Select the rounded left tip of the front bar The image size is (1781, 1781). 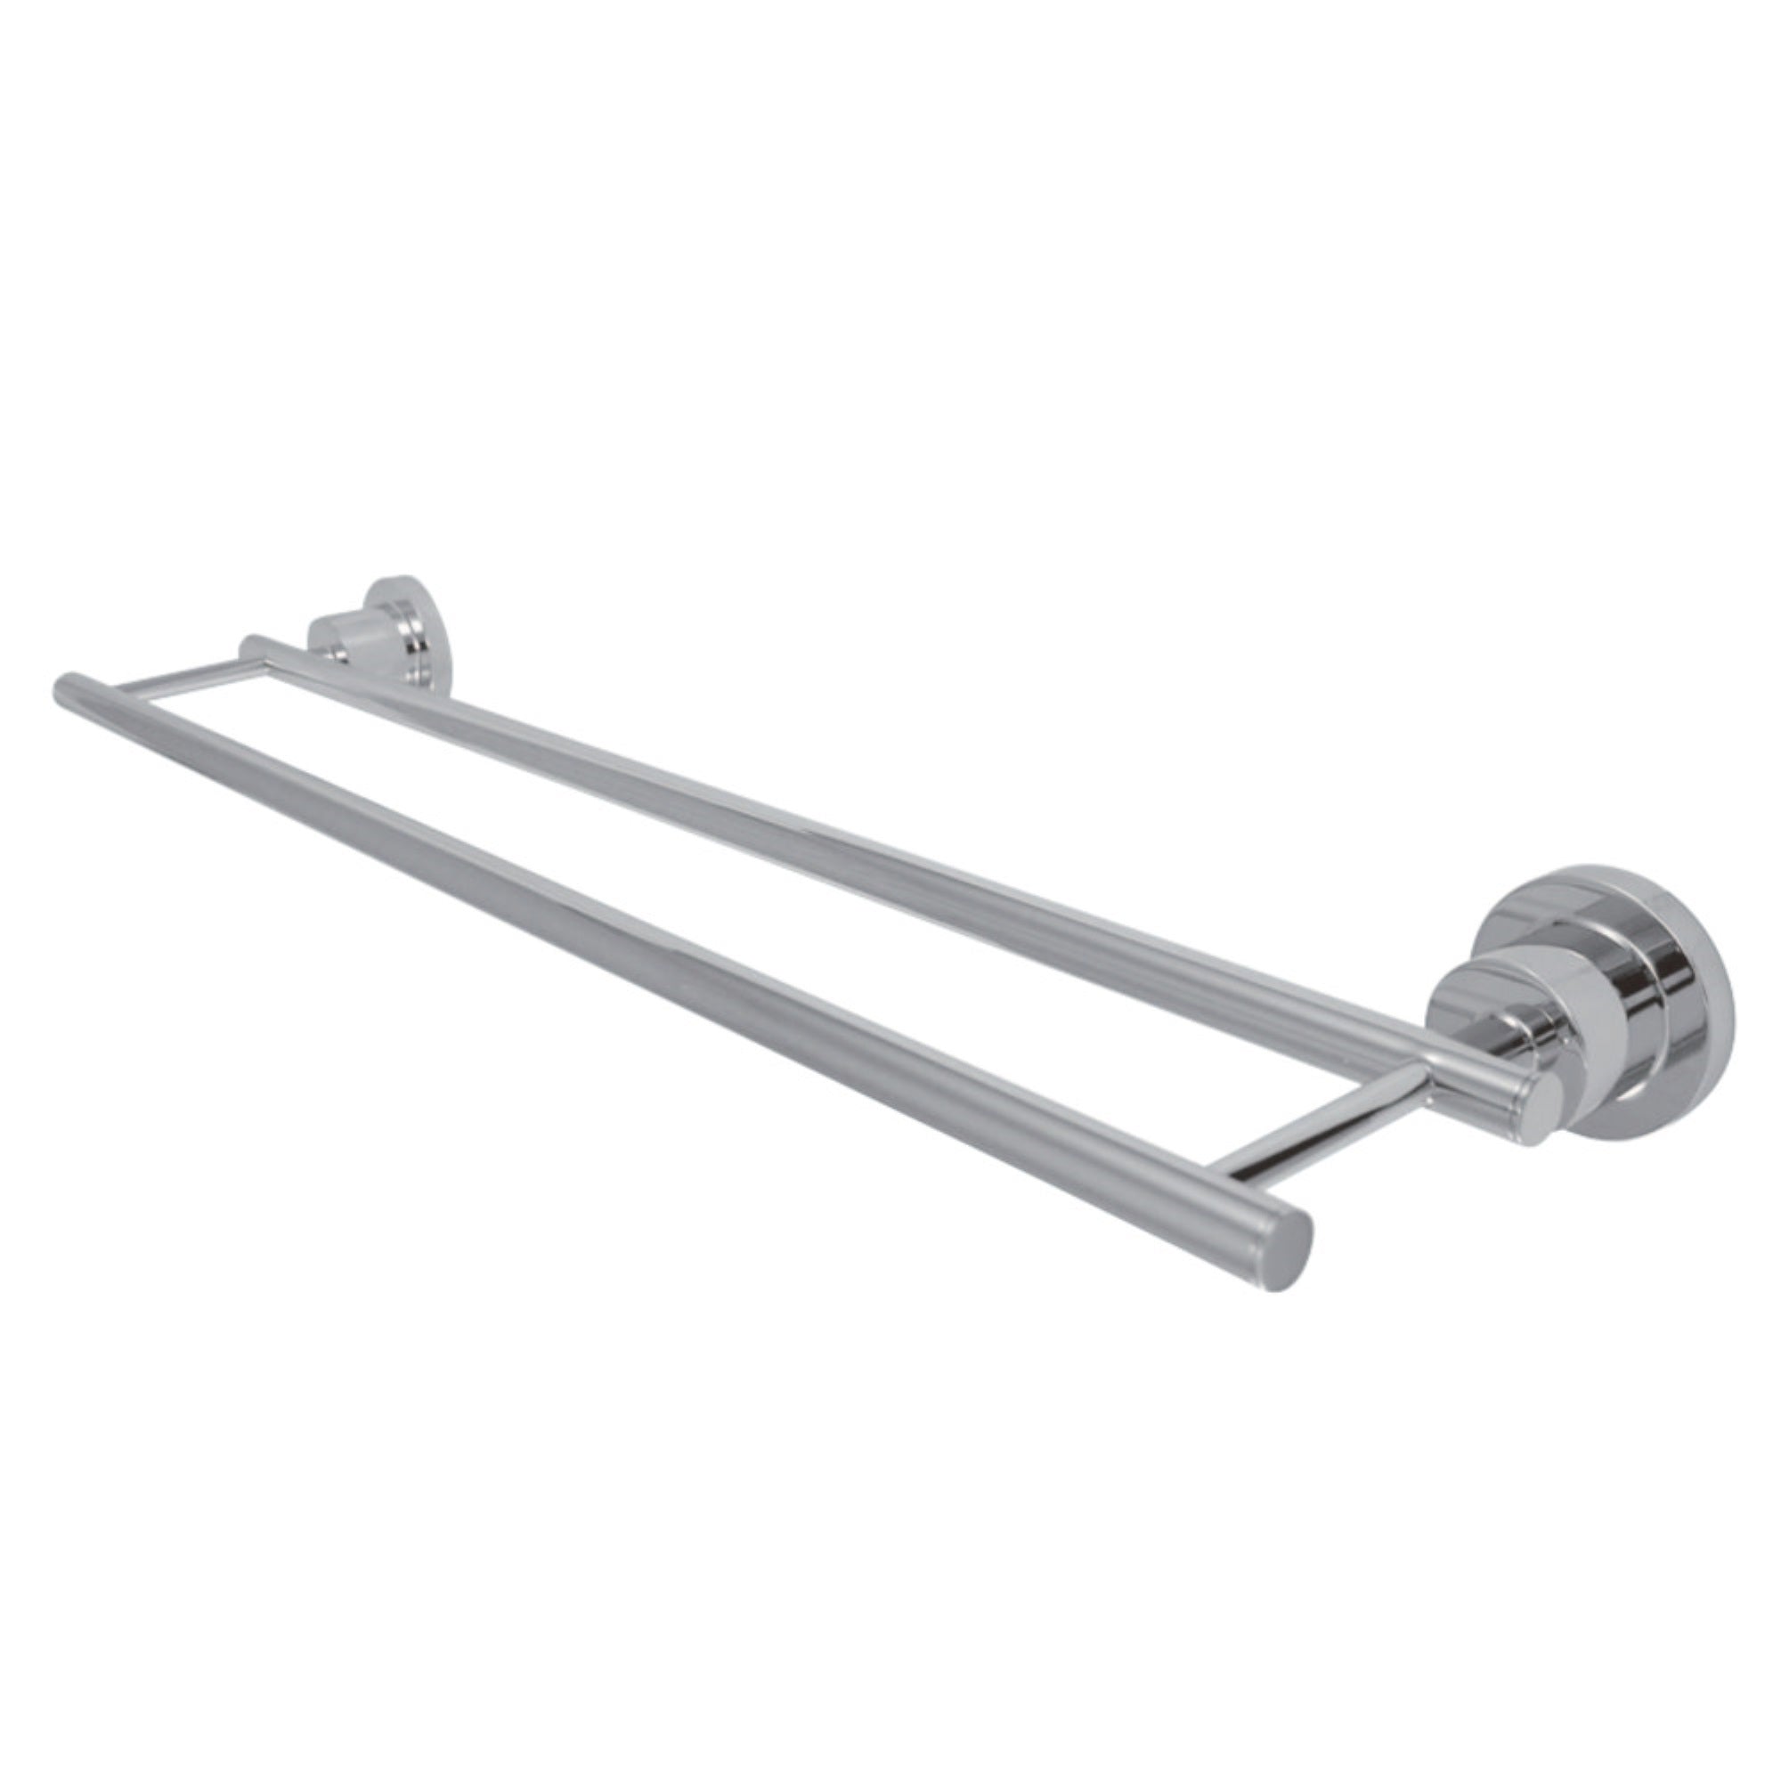tap(64, 690)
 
